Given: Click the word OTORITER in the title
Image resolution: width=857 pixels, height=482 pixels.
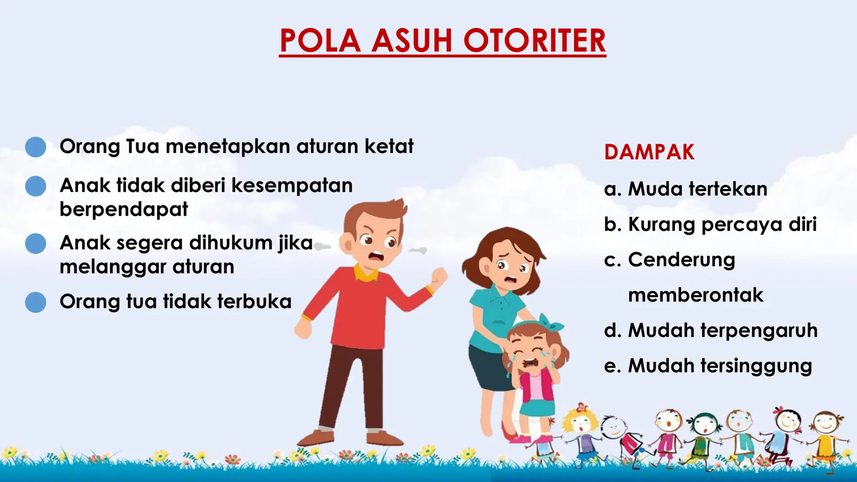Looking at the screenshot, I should coord(534,41).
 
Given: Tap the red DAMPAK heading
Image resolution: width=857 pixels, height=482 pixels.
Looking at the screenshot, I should coord(649,152).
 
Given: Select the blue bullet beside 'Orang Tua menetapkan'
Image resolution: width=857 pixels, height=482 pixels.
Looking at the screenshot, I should coord(36,147).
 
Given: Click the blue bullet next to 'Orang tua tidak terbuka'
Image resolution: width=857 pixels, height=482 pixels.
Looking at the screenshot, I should coord(36,302).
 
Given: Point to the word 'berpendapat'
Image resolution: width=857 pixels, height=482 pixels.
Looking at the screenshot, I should coord(124,209).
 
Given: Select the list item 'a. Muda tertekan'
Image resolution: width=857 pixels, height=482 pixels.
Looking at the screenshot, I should coord(685,189).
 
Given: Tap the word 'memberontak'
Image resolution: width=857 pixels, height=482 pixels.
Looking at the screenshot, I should coord(695,295).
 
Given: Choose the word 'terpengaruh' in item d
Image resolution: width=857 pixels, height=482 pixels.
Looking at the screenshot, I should coord(759,331).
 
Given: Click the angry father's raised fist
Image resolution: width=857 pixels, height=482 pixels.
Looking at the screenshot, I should coord(439,278).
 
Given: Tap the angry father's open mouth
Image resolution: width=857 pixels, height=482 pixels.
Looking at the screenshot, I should coord(375,256).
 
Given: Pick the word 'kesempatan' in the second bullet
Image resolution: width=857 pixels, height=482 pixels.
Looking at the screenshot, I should coord(292,186).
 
